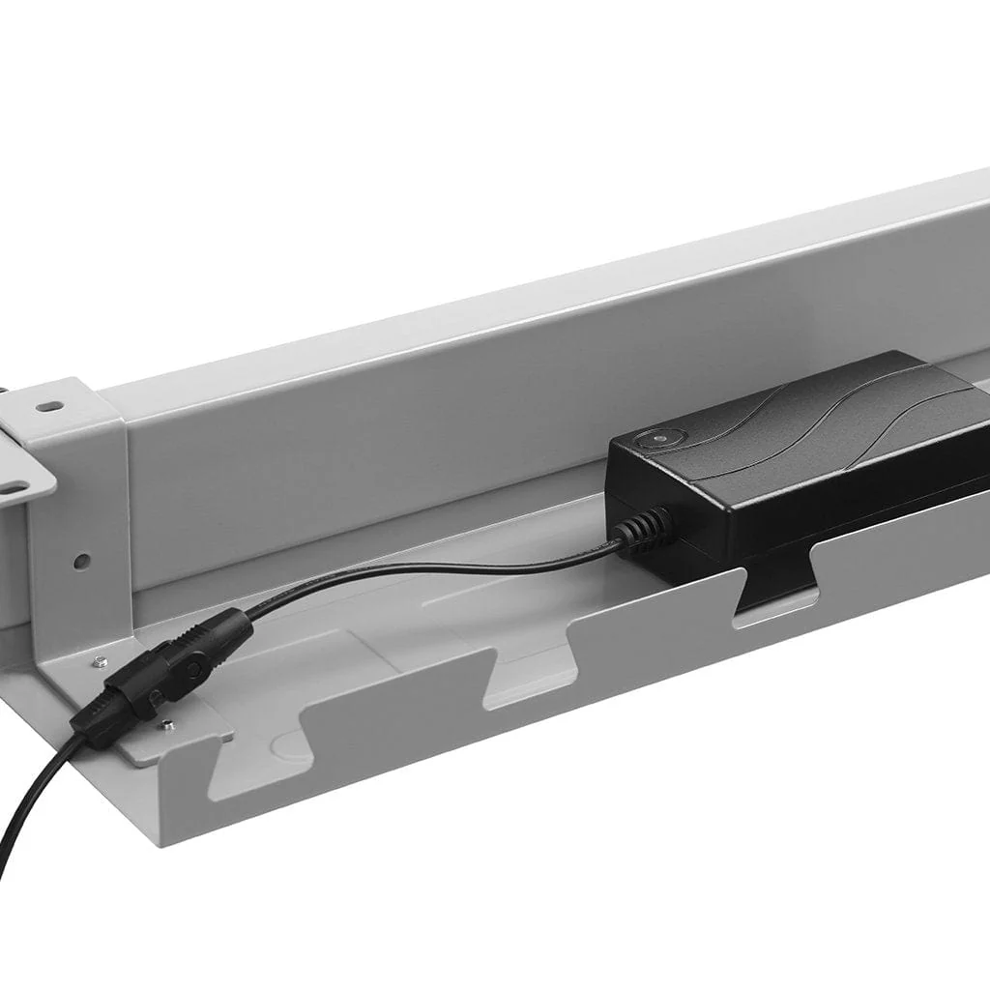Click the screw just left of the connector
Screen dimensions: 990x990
tap(100, 662)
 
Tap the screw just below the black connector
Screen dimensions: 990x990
tap(168, 723)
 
